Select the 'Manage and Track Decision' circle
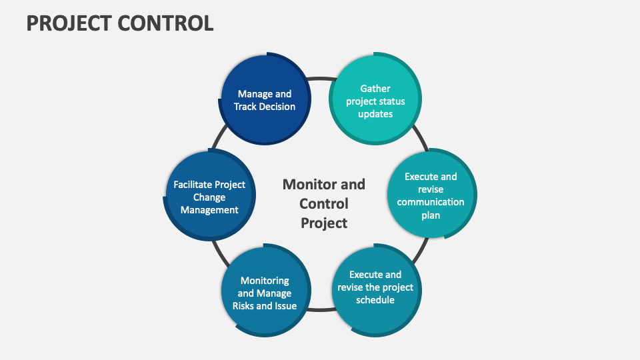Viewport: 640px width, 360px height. coord(265,100)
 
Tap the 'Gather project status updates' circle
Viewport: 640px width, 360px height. coord(375,101)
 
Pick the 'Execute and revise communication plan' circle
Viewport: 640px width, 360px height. coord(431,195)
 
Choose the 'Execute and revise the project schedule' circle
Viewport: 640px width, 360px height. coord(375,287)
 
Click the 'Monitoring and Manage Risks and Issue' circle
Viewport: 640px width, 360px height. coord(265,293)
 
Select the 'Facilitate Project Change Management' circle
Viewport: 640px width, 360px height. coord(209,197)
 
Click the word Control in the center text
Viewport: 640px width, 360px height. coord(324,203)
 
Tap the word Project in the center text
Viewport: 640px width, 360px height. coord(324,223)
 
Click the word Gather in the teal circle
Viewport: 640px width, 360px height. coord(375,88)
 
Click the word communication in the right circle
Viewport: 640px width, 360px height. coord(431,202)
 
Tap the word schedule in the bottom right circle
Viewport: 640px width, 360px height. coord(375,300)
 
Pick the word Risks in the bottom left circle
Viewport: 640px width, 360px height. coord(245,306)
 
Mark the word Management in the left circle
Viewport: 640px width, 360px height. coord(209,210)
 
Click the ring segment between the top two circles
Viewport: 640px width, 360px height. coord(321,78)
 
